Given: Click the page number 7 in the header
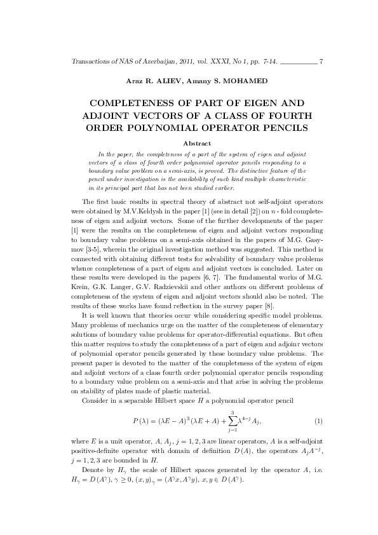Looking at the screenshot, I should [x=322, y=62].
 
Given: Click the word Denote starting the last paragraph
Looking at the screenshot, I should [x=93, y=468].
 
